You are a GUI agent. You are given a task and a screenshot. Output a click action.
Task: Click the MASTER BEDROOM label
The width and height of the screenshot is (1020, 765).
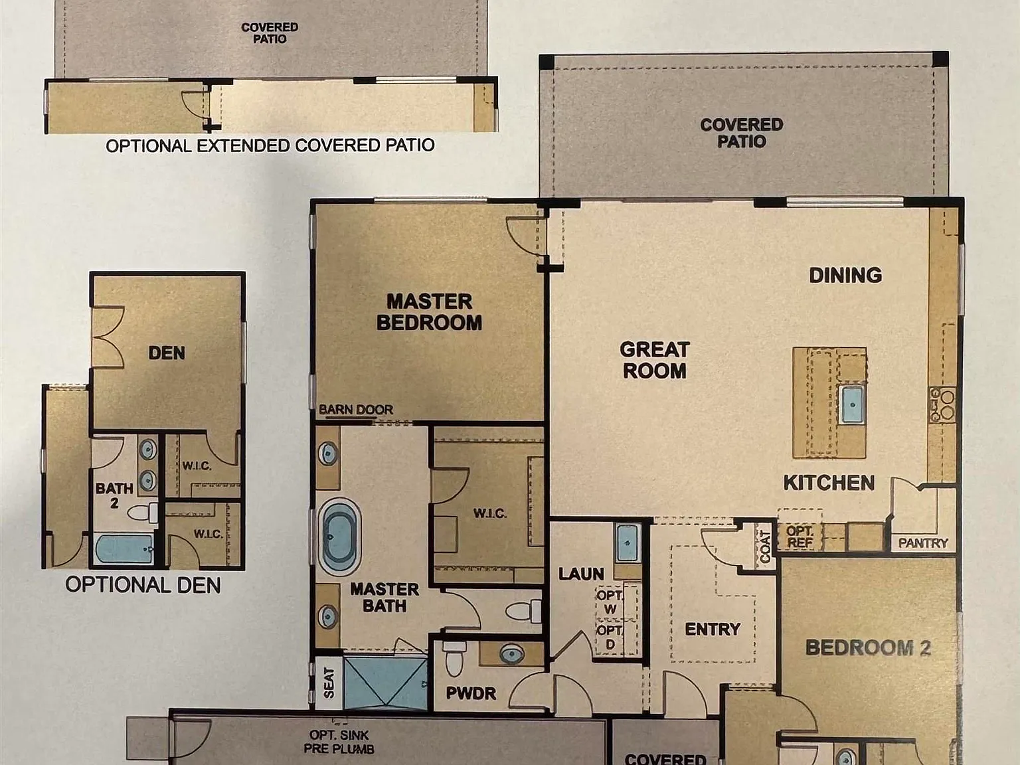[x=429, y=312]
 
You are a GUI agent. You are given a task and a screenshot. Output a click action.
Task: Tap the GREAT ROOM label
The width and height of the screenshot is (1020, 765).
[x=654, y=361]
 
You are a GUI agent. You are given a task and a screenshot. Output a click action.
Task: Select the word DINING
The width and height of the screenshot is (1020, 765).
[x=845, y=276]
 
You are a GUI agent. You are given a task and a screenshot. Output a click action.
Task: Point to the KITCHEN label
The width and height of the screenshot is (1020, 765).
[x=829, y=483]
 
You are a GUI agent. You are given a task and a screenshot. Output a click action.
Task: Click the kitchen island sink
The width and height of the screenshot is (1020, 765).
[x=851, y=404]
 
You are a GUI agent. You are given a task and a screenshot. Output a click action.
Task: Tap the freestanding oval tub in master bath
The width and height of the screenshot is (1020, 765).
[x=340, y=537]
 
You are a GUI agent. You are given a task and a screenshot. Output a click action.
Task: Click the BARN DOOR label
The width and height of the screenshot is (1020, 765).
[x=356, y=410]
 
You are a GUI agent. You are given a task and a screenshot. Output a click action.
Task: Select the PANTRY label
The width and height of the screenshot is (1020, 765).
[x=923, y=543]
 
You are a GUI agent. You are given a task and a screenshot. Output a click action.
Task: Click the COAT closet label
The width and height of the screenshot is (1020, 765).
[x=765, y=546]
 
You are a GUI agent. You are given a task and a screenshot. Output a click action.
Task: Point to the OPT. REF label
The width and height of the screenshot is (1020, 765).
[x=800, y=537]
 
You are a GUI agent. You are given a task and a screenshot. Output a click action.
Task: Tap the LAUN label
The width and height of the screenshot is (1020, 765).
[x=581, y=574]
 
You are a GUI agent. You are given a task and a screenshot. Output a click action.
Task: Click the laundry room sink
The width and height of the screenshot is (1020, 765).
[x=628, y=543]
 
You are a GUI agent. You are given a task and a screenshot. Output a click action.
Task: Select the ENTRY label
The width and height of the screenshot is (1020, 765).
[x=713, y=630]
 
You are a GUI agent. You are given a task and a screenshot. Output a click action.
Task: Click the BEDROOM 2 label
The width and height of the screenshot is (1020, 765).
[x=868, y=648]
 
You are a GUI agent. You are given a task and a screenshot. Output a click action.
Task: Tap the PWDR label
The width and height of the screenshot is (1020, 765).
[x=471, y=693]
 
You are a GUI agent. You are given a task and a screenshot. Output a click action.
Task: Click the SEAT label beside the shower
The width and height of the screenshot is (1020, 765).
[x=329, y=683]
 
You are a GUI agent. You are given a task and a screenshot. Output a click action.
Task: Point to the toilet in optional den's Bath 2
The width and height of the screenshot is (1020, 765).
[x=143, y=513]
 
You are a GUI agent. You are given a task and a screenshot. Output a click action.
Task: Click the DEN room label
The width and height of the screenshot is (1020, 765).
[x=167, y=353]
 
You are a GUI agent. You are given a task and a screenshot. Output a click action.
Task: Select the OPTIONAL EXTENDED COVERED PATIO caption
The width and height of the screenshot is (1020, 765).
[x=270, y=145]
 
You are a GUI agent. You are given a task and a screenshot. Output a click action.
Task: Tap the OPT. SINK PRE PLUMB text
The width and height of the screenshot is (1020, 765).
[x=339, y=742]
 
